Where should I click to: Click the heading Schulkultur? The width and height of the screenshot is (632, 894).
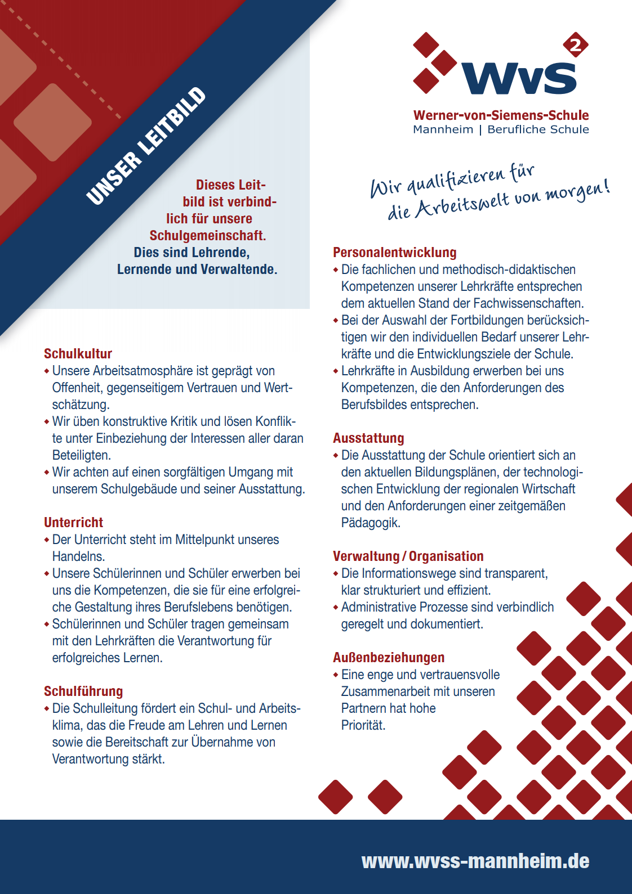pos(78,354)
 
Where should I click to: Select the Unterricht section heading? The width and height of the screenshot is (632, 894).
pos(74,523)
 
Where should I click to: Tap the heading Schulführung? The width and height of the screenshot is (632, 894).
pos(83,691)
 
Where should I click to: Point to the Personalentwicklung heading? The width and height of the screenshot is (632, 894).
pos(394,253)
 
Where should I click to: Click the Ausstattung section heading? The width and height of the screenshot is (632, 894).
pos(368,438)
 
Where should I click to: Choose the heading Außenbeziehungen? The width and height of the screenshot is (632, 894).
pos(389,658)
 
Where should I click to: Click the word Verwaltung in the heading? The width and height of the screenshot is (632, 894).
pos(366,556)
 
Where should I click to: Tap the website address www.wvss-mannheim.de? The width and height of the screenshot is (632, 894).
pos(475,861)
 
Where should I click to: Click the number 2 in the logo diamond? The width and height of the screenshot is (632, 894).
pos(576,46)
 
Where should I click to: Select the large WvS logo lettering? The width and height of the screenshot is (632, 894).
pos(519,78)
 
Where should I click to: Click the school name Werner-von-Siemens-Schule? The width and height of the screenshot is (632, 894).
pos(501,115)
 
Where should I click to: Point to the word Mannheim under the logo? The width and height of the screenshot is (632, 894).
pos(443,130)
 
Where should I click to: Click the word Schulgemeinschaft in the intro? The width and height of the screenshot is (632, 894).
pos(207,236)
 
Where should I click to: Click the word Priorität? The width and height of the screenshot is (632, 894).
pos(363,725)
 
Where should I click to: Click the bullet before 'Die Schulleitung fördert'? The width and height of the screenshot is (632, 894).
pos(47,708)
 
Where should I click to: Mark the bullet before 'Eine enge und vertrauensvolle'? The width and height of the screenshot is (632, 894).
pos(336,675)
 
